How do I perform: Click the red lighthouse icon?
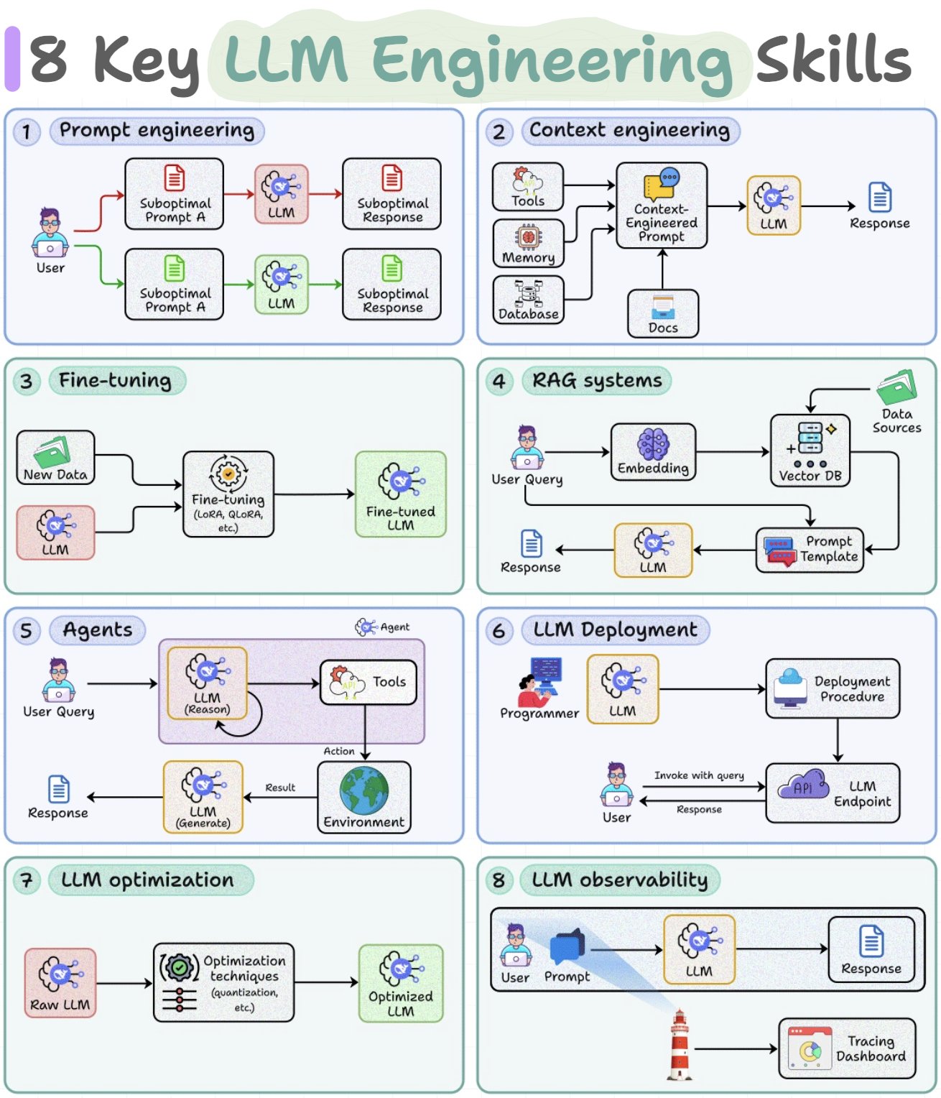[680, 1044]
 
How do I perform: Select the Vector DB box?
[810, 451]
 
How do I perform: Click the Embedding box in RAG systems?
[653, 452]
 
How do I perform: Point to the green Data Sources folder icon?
[897, 387]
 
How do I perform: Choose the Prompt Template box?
[810, 550]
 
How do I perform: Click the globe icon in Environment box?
[364, 790]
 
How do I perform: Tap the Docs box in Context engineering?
[663, 313]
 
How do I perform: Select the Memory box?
[528, 244]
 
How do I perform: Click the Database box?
[528, 300]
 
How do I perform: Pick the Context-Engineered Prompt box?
[661, 206]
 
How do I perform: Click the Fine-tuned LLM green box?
[400, 494]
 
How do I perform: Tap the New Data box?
[56, 457]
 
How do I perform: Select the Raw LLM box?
[60, 983]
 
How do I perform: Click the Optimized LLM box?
[400, 983]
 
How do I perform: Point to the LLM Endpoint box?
[832, 793]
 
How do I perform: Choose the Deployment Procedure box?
[832, 688]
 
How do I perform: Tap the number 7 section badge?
[27, 880]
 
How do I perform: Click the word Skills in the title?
[834, 60]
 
